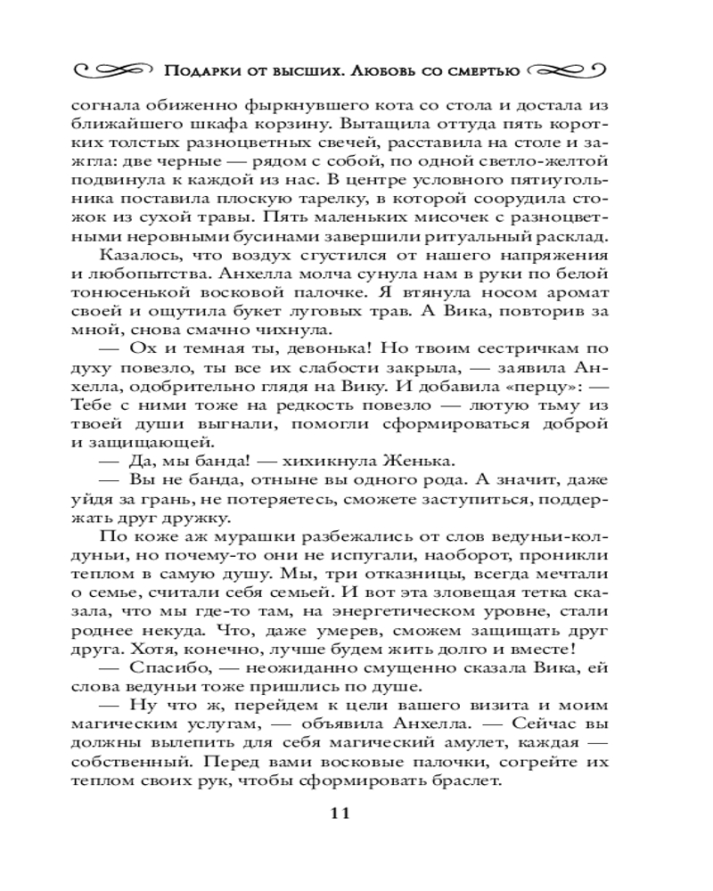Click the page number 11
[342, 813]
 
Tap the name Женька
[422, 461]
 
